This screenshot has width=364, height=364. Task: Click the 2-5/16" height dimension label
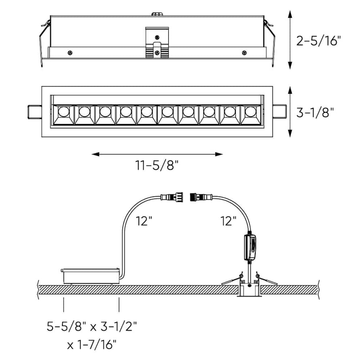click(319, 40)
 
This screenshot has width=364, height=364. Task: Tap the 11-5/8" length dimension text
click(157, 165)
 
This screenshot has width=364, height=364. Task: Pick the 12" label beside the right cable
click(228, 221)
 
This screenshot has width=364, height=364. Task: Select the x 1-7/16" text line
click(92, 345)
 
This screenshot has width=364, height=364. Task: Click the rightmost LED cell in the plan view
click(251, 114)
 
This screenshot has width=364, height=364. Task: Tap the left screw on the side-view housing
click(70, 53)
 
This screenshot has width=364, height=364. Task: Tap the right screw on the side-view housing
click(244, 53)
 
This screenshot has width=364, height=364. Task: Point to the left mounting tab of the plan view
click(34, 112)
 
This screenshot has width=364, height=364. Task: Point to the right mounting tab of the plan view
click(280, 112)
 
